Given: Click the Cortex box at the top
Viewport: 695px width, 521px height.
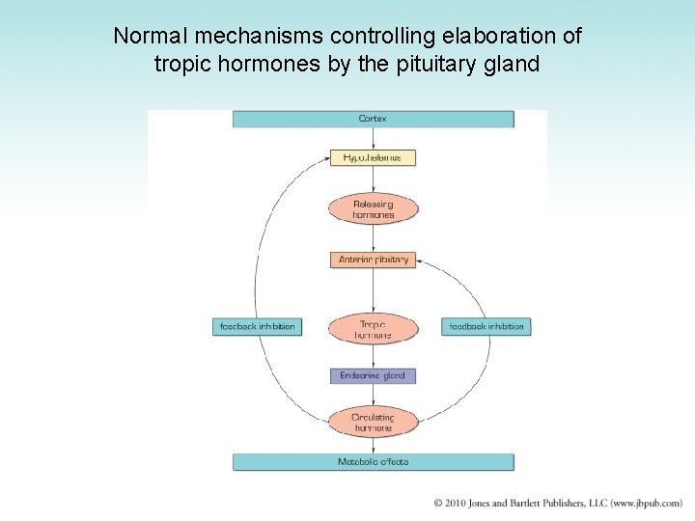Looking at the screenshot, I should coord(373,119).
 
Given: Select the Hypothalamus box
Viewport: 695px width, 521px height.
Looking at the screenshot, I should coord(373,157).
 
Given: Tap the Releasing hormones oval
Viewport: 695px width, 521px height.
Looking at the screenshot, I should coord(373,209).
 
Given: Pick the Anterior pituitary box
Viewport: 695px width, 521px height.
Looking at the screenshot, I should coord(373,260).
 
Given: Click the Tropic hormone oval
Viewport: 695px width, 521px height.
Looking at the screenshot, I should coord(373,329).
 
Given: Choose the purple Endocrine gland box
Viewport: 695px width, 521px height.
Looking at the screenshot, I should coord(373,375).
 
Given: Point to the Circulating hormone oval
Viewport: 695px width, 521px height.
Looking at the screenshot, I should coord(373,422).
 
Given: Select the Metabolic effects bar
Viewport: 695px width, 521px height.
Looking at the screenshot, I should coord(373,462).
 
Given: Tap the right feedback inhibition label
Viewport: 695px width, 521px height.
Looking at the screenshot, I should coord(486,327).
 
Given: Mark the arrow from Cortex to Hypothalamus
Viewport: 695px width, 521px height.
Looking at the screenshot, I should coord(373,138).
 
